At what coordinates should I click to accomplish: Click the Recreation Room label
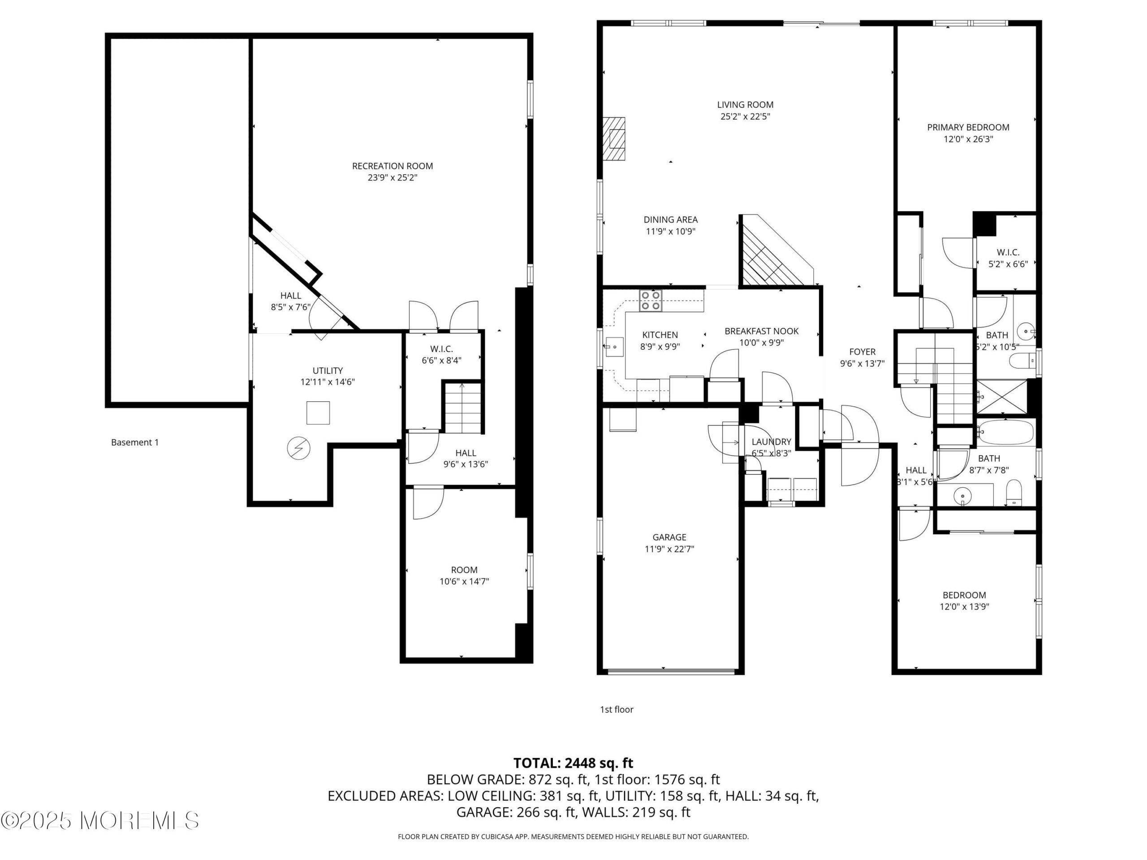[392, 166]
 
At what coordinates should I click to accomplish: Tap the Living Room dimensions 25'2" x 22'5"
[745, 116]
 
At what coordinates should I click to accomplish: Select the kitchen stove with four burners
[651, 300]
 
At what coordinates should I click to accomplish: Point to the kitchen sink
[614, 346]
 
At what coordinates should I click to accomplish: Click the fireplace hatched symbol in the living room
[614, 139]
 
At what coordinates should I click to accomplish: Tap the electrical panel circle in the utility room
[299, 448]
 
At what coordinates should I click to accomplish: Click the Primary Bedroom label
[968, 127]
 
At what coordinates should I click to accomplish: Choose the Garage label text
[669, 537]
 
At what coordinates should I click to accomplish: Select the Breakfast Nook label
[761, 331]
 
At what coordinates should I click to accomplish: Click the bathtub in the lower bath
[1005, 432]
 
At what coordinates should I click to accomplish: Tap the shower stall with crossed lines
[1002, 396]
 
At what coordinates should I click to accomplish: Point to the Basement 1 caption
[135, 442]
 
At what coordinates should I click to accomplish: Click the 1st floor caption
[617, 709]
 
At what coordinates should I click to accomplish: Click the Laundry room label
[771, 442]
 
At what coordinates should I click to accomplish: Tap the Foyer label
[862, 352]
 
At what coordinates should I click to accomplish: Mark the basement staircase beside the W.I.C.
[463, 408]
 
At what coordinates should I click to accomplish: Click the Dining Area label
[670, 219]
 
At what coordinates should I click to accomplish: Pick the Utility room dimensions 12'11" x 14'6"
[328, 382]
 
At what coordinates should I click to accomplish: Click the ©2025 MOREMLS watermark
[99, 820]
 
